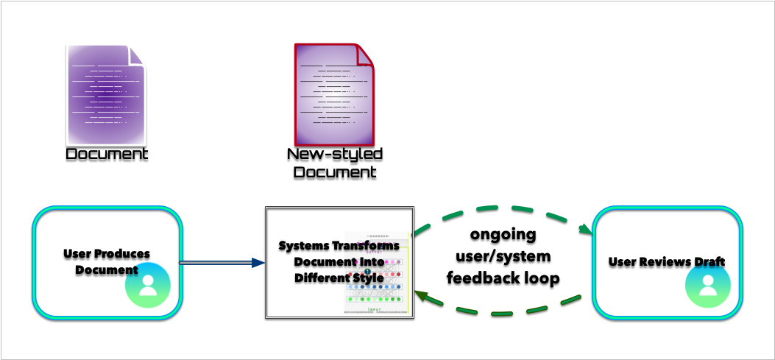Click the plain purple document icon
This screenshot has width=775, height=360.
click(x=106, y=94)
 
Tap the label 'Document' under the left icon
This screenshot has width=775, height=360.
click(x=107, y=155)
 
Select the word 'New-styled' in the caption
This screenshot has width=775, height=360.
click(x=335, y=155)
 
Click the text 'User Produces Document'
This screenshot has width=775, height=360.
click(x=107, y=261)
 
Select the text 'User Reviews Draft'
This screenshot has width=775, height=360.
click(x=667, y=262)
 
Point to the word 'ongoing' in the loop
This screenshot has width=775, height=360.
click(x=503, y=235)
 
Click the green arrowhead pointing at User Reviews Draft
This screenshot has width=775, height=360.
click(x=587, y=230)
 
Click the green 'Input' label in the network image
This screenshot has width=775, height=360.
click(x=374, y=311)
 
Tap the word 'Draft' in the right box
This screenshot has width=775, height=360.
click(x=709, y=262)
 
